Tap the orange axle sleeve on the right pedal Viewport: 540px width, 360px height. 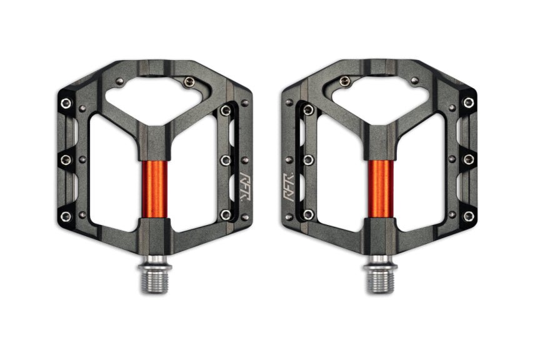pos(379,187)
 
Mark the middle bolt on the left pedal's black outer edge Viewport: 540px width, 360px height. pos(65,160)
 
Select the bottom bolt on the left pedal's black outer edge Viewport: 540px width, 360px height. pos(65,216)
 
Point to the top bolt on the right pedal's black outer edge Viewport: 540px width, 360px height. pos(468,102)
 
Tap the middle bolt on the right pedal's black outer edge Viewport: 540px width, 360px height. pos(468,159)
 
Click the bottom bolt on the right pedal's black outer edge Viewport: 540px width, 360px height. pos(468,216)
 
